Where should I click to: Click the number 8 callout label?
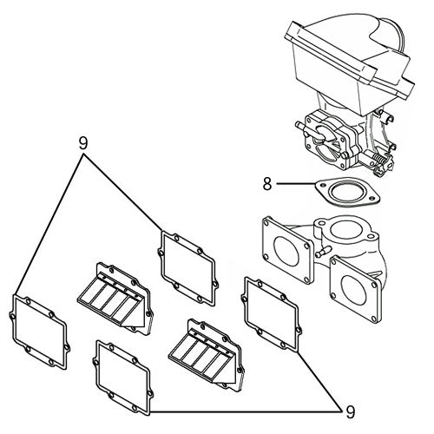[x=268, y=183]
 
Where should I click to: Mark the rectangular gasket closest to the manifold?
[x=273, y=318]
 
